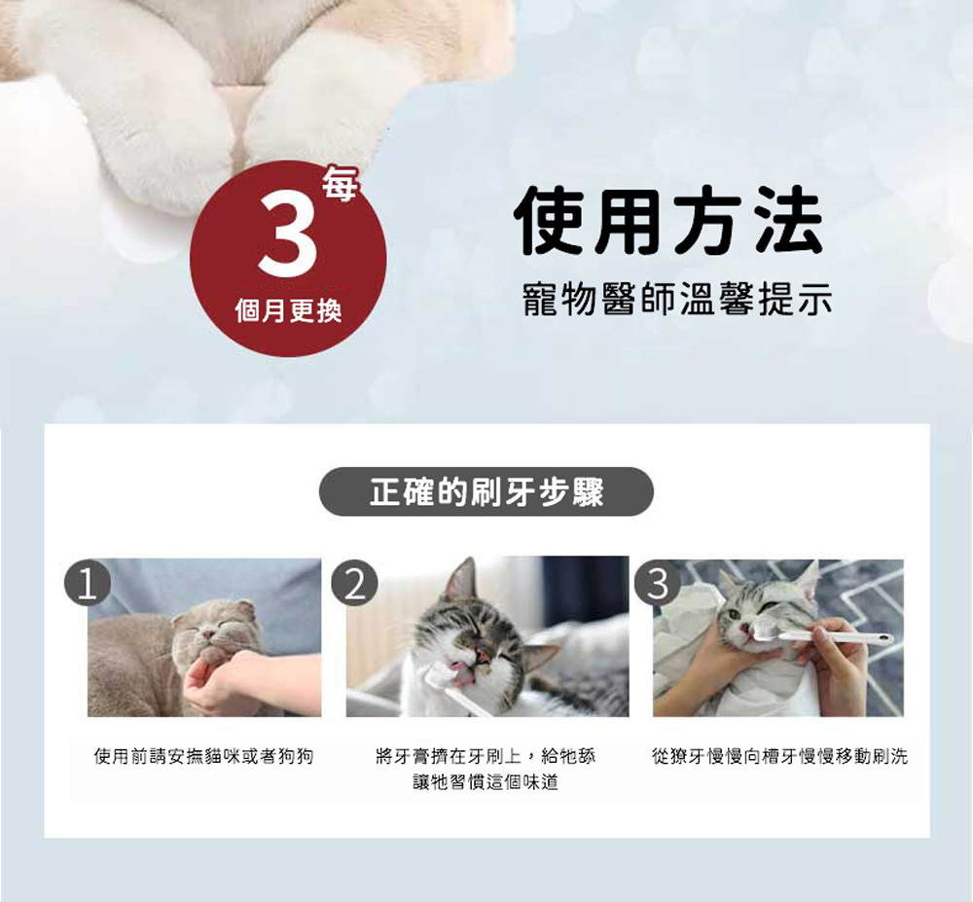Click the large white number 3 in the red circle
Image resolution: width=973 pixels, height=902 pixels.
pos(288,235)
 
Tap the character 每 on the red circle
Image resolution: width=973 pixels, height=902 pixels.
pos(340,184)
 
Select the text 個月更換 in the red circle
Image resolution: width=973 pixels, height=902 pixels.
pos(288,310)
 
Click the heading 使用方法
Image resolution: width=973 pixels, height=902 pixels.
pos(669,220)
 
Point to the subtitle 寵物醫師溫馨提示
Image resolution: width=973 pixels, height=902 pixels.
pos(677,299)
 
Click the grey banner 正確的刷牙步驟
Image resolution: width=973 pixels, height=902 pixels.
pos(486,492)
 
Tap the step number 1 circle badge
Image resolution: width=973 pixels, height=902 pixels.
pos(88,583)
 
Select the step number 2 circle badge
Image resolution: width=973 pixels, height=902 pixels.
pos(355,583)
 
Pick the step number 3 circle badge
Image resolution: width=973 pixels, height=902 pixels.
pos(658,583)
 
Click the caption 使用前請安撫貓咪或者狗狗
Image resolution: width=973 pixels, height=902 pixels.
pos(203,756)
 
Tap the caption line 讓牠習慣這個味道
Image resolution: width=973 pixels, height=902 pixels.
pos(486,782)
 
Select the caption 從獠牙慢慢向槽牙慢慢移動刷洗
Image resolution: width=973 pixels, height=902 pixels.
pos(779,756)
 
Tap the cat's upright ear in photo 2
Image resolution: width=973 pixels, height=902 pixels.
pos(460,581)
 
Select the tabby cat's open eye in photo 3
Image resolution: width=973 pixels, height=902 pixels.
pos(735,614)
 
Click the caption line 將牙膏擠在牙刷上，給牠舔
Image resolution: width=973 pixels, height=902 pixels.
pos(486,756)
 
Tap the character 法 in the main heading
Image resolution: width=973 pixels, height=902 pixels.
pos(789,220)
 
